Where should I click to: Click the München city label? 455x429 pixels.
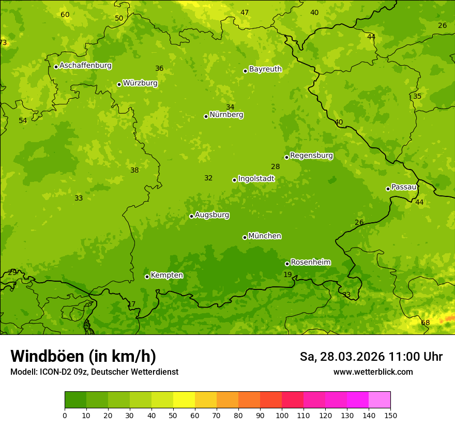coord(265,236)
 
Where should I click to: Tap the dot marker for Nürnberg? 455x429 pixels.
coord(206,116)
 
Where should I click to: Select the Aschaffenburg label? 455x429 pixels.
coord(85,66)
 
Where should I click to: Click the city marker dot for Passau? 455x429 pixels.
coord(388,189)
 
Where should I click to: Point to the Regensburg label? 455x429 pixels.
coord(311,156)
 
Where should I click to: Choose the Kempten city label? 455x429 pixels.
coord(166,275)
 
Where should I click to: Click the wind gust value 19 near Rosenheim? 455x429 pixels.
coord(287,274)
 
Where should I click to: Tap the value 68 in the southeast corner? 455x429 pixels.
coord(425,323)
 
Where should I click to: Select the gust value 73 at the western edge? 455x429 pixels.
coord(3,42)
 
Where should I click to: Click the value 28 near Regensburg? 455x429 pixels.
coord(275,166)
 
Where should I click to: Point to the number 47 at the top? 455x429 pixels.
coord(245,12)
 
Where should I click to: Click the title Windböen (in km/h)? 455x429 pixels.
coord(83,356)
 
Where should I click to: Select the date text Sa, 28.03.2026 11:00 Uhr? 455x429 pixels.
coord(371,357)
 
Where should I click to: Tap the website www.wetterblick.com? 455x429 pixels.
coord(373,372)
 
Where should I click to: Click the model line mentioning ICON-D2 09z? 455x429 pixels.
coord(94,372)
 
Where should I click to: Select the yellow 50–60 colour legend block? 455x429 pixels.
coord(184,400)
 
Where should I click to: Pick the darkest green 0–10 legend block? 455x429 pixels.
coord(75,400)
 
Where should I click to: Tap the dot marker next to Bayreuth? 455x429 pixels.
coord(245,71)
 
